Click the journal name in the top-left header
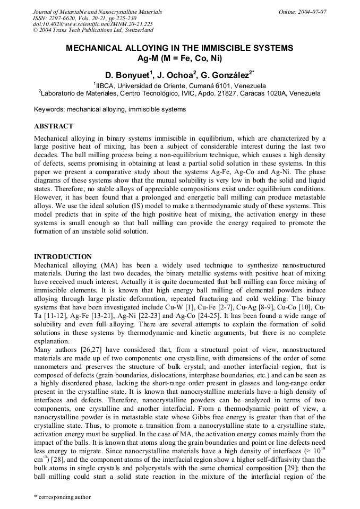(x=97, y=12)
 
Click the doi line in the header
(x=93, y=24)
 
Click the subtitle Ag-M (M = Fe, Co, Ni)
(x=179, y=58)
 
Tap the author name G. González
(x=227, y=75)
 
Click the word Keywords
(x=49, y=110)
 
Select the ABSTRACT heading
(x=54, y=126)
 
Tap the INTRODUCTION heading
(x=63, y=256)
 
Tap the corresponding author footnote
(x=62, y=497)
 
